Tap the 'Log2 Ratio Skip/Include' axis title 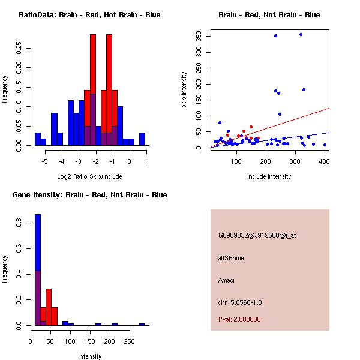pos(90,176)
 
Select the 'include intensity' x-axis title pos(269,176)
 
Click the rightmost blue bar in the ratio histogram pos(142,139)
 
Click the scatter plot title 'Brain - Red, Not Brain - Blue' pos(269,15)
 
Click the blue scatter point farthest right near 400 pos(325,145)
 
